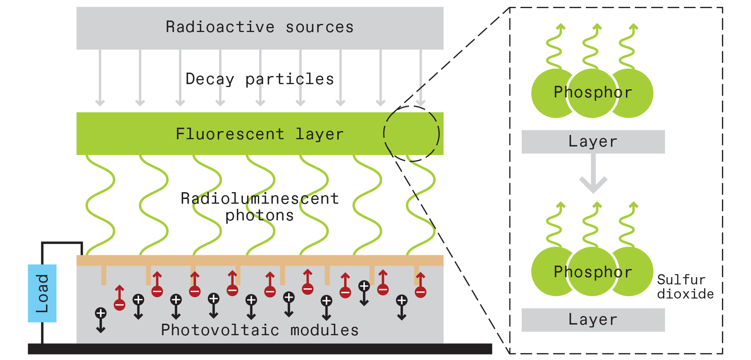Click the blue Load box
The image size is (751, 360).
pos(42,293)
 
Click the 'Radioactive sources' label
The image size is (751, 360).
pos(260,27)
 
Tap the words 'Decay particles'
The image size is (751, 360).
pos(260,79)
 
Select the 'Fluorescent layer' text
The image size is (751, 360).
pos(260,134)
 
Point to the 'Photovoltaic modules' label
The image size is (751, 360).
pos(260,330)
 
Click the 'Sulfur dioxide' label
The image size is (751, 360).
pos(685,287)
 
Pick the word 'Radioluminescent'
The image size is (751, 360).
pos(260,199)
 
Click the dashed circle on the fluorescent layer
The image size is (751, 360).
pos(411,134)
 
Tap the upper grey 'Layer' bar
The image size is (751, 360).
pos(593,142)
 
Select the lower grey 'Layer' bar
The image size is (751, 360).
pos(593,320)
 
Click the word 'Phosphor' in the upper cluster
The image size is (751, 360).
pos(593,92)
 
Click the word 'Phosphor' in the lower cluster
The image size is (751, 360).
pos(593,272)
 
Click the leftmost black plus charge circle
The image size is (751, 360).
pos(101,313)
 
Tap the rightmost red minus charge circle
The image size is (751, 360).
pos(421,293)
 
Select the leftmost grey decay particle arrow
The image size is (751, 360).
pos(100,77)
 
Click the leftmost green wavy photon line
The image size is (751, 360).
pos(100,205)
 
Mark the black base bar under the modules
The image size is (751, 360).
pos(260,349)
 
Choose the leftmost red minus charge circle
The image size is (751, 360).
pos(120,305)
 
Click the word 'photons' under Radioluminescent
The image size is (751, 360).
pos(260,216)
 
